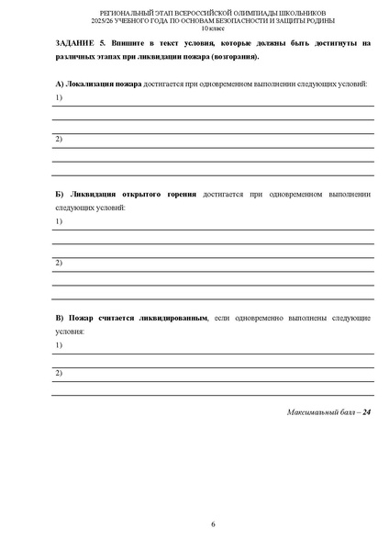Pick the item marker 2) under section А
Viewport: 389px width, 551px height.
coord(58,139)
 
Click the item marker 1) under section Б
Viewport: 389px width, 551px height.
coord(58,222)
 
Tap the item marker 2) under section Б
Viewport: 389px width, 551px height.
coord(58,264)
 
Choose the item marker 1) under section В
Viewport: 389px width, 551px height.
coord(58,344)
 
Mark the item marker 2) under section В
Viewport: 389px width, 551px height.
coord(58,373)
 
